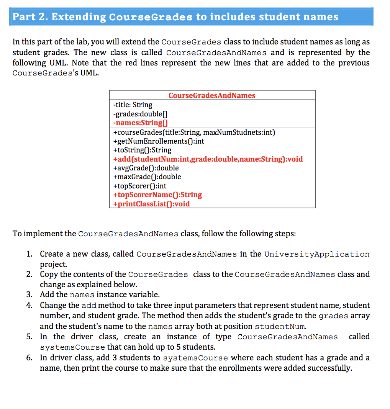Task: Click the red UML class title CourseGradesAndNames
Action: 212,95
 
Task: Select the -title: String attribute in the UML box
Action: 133,105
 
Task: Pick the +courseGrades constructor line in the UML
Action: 194,133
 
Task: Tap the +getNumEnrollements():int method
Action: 159,141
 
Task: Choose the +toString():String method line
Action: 143,150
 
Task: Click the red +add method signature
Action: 208,159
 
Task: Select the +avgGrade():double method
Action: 146,168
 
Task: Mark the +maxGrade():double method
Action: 147,177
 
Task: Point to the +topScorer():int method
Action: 140,186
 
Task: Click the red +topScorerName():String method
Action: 157,195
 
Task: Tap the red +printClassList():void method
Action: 151,204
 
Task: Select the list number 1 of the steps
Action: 29,254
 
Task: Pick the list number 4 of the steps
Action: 29,305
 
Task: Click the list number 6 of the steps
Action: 29,358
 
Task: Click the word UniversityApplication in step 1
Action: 317,254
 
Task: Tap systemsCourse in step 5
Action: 72,347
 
